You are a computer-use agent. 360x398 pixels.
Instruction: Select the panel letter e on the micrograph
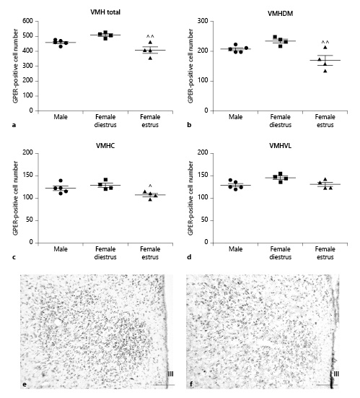(x=25, y=384)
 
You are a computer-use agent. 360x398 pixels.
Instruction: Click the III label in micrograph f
(x=336, y=373)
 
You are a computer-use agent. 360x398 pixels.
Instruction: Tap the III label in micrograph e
(x=170, y=373)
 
